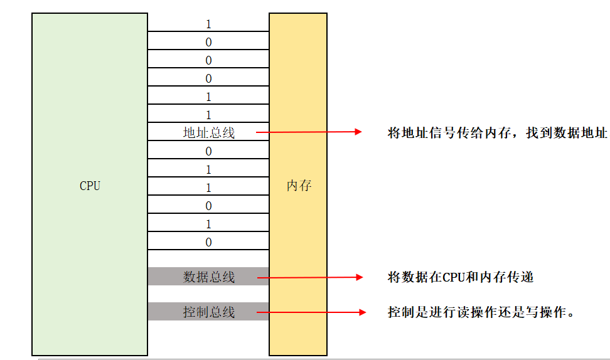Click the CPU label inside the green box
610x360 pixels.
(90, 186)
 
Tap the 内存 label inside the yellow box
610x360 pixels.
(299, 186)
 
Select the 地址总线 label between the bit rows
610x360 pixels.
(208, 133)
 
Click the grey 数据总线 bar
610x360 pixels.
(208, 277)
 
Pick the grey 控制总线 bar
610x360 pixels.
(208, 312)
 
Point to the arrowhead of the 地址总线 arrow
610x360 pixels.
(358, 132)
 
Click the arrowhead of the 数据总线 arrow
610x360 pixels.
(360, 277)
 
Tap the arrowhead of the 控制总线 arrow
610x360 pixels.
(361, 312)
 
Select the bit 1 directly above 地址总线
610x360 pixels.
(208, 115)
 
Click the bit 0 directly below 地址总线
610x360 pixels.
(208, 151)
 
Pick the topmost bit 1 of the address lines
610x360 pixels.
(208, 24)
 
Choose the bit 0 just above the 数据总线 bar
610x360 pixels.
(208, 242)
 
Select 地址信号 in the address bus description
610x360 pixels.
(429, 133)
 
